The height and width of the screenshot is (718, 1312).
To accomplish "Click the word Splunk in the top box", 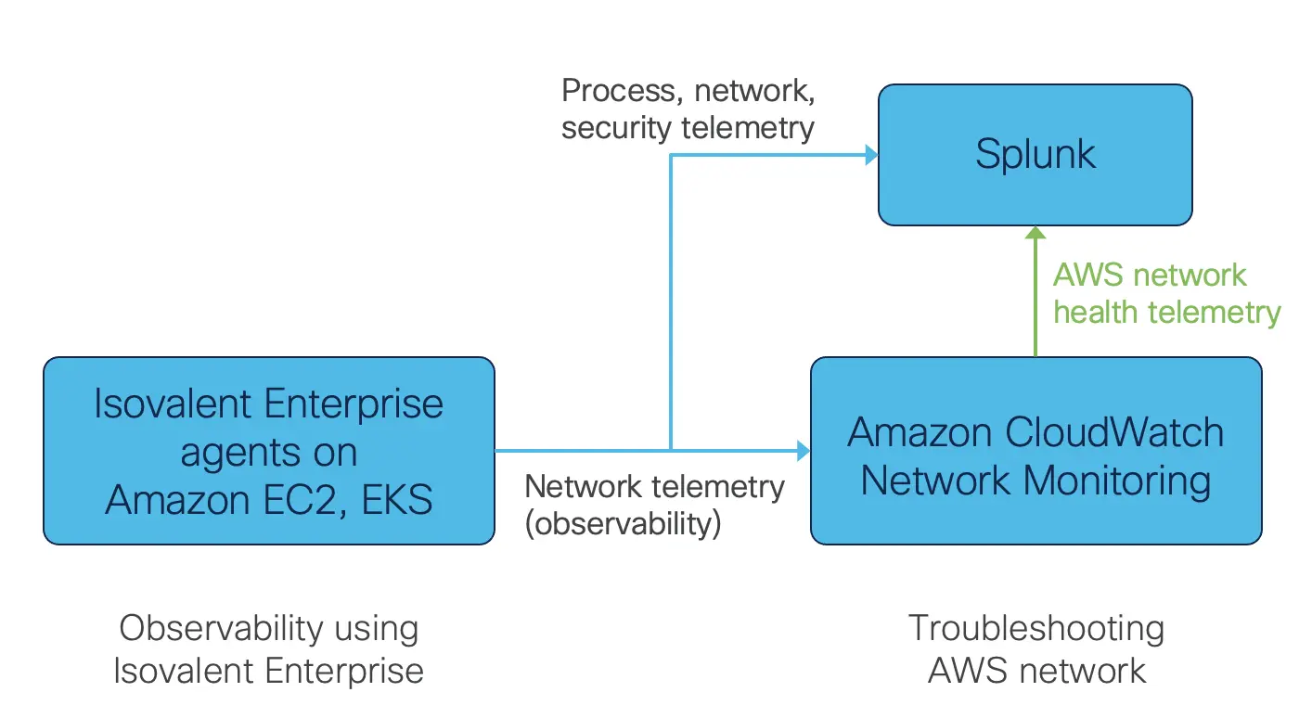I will [1035, 154].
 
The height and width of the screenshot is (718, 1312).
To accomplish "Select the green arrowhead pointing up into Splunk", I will [1035, 235].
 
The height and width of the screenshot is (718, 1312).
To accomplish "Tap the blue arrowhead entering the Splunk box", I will [870, 155].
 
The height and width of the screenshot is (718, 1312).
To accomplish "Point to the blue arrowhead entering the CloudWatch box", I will [803, 452].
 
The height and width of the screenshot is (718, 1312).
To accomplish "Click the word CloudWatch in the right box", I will [1104, 433].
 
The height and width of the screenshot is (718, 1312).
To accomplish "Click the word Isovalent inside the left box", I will [174, 404].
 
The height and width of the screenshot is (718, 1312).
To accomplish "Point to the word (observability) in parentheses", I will [623, 524].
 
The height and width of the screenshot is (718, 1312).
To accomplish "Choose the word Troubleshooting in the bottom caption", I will [1035, 628].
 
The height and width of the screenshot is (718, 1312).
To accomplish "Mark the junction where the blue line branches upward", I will [671, 452].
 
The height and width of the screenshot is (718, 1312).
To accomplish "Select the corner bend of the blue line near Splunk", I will [671, 155].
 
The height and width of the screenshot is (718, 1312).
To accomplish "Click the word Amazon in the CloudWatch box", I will [920, 433].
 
